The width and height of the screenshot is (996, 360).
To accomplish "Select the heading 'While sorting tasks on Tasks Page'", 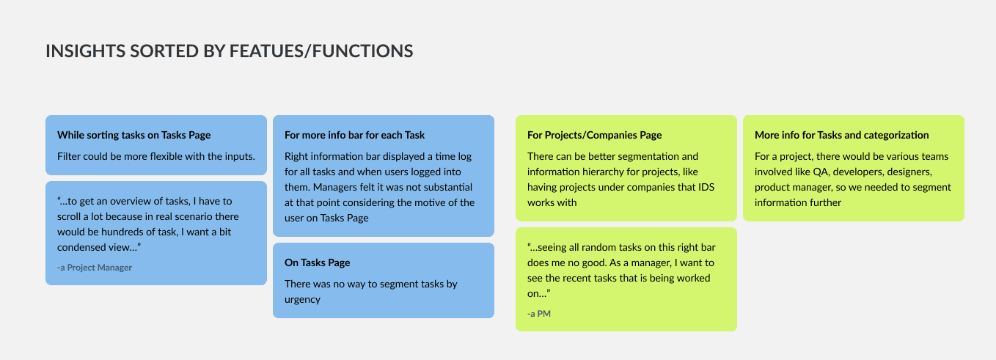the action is coord(133,135).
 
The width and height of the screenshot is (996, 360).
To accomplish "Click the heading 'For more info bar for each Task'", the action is coord(354,135).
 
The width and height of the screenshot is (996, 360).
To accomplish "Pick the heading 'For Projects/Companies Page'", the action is coord(594,135).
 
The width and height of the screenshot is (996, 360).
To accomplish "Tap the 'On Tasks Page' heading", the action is coord(317,262).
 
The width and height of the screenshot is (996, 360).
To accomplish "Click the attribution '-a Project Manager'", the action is coord(95,268).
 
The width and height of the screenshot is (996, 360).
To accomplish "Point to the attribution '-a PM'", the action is coord(539,314).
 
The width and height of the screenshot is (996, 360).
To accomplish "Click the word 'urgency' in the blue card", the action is coord(302,299).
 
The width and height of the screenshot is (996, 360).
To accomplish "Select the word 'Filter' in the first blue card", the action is coord(70,156).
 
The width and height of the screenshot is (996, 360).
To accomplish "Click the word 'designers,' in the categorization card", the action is coord(906,172).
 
